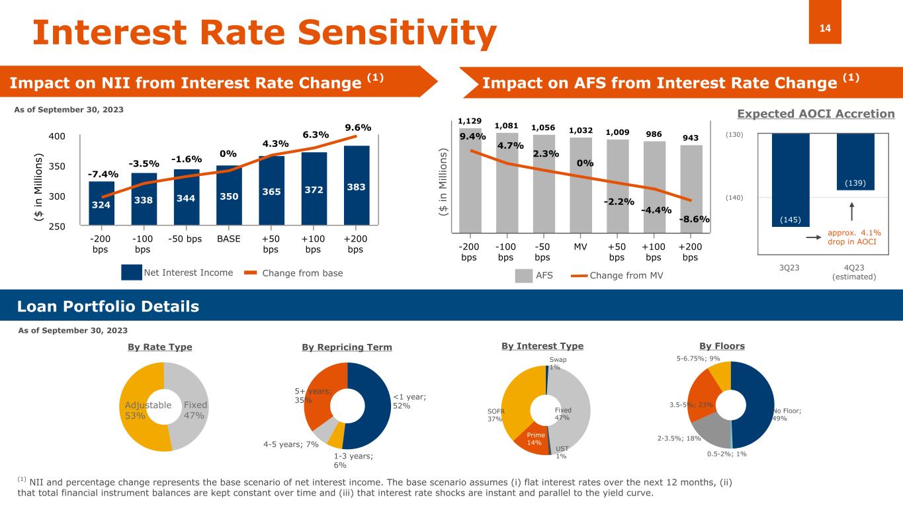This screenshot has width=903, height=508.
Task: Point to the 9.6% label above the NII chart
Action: pos(358,128)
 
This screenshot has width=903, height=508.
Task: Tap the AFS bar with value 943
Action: pos(691,189)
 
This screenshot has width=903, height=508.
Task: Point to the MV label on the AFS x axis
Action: pos(580,246)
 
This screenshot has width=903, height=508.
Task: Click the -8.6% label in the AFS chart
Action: pos(694,219)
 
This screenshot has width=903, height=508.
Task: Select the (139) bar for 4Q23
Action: pos(855,161)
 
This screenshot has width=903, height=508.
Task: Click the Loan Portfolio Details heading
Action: pos(108,306)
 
